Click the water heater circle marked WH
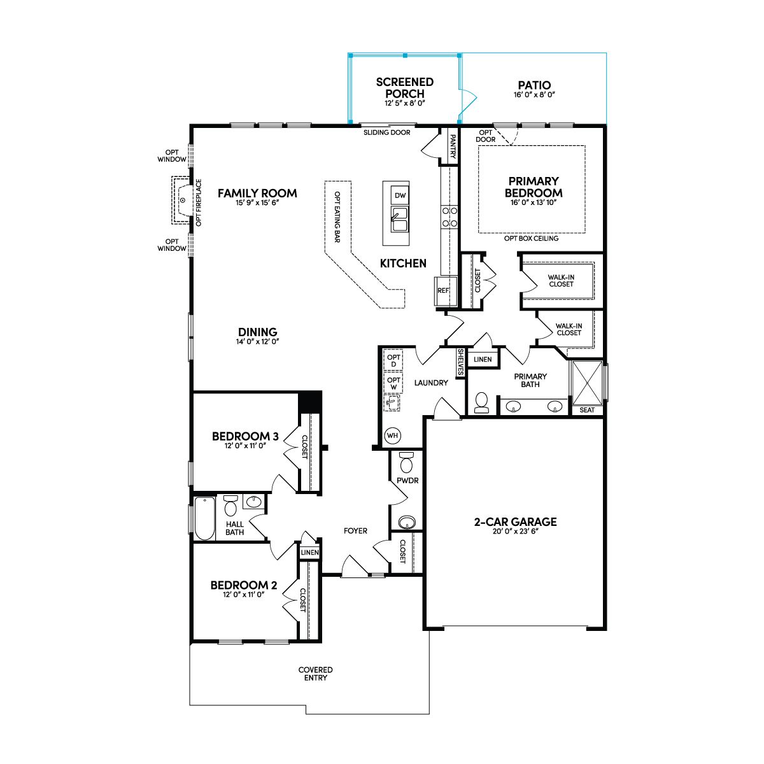[392, 435]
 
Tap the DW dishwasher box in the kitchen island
[400, 195]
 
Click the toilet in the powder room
[406, 461]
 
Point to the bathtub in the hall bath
[204, 519]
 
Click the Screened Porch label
[405, 88]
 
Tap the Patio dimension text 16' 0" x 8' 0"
[534, 95]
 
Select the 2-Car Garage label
[516, 522]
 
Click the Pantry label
[453, 146]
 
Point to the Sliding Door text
[387, 132]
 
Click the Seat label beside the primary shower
[587, 410]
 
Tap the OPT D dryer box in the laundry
[393, 360]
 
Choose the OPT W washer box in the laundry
[393, 383]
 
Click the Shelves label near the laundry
[461, 362]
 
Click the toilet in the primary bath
[482, 403]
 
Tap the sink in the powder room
[407, 522]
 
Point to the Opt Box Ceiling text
[531, 238]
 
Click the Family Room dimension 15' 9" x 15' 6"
[257, 203]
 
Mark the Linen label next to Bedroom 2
[309, 553]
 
